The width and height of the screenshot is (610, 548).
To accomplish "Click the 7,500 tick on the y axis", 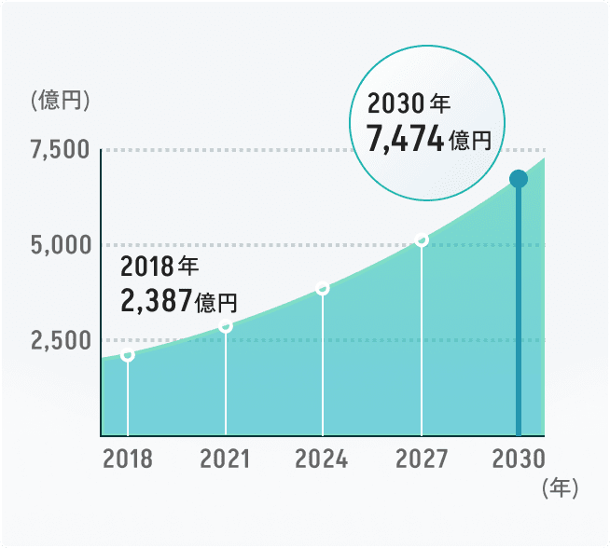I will (60, 151).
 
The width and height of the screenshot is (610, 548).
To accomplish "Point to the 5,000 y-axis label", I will (60, 246).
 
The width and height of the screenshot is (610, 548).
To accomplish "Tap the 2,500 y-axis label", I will (60, 340).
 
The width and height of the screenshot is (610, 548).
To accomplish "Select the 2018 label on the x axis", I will (128, 459).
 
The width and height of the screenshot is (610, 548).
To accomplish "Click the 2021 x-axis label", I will (226, 459).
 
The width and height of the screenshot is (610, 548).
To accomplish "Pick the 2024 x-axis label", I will (322, 459).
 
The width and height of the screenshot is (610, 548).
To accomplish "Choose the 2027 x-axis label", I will (422, 459).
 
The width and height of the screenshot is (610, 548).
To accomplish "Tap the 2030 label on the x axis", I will (519, 459).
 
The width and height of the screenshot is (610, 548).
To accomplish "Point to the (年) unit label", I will (560, 486).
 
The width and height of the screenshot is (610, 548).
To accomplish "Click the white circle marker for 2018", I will (128, 354).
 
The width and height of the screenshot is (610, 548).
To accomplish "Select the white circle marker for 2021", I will (226, 325).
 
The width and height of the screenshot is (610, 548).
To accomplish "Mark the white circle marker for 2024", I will (323, 288).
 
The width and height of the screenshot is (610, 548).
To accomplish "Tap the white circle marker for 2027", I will (422, 240).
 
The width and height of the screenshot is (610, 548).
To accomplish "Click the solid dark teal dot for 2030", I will (519, 179).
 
